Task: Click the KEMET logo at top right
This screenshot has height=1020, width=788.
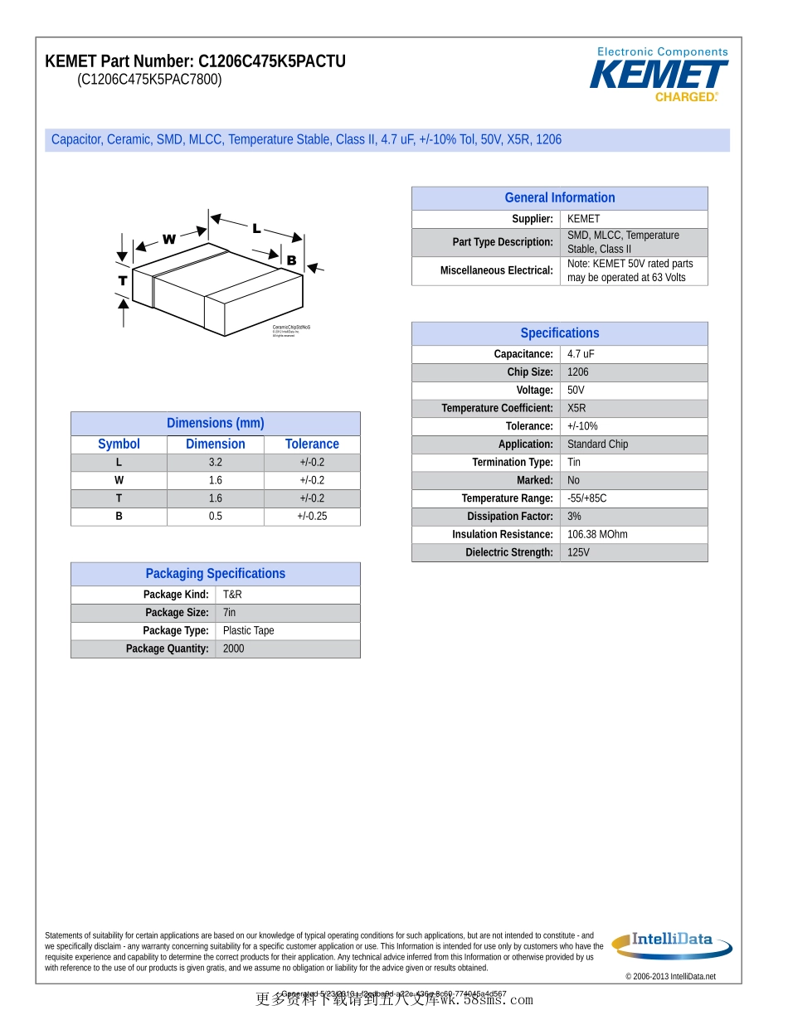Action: pyautogui.click(x=659, y=75)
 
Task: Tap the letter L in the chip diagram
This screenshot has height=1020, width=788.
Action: pyautogui.click(x=257, y=228)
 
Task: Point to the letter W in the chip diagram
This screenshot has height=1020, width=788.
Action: pyautogui.click(x=168, y=240)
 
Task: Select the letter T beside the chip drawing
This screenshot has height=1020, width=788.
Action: pyautogui.click(x=123, y=280)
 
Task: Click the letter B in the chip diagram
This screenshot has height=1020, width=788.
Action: pyautogui.click(x=291, y=260)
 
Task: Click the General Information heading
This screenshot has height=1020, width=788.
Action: pyautogui.click(x=560, y=198)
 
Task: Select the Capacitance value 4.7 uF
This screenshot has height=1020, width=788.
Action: pyautogui.click(x=581, y=354)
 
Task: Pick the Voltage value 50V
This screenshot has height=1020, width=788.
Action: pyautogui.click(x=576, y=391)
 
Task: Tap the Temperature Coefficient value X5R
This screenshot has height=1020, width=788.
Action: pyautogui.click(x=576, y=409)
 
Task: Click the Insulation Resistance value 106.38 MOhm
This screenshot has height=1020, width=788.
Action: pyautogui.click(x=597, y=535)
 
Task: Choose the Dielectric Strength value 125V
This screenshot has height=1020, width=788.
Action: pyautogui.click(x=578, y=553)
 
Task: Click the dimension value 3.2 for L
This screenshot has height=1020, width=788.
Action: pyautogui.click(x=216, y=463)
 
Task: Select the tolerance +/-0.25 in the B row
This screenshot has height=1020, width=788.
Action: pyautogui.click(x=312, y=517)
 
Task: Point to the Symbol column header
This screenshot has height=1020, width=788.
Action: pyautogui.click(x=119, y=444)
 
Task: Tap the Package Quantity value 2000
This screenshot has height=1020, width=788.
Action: pyautogui.click(x=234, y=649)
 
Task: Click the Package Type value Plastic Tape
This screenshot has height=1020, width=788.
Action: pyautogui.click(x=248, y=631)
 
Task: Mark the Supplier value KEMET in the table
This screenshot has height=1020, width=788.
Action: pyautogui.click(x=583, y=219)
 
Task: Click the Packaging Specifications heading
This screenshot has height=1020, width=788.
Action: pyautogui.click(x=216, y=574)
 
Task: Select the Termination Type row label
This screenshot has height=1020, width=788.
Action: pyautogui.click(x=513, y=463)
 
